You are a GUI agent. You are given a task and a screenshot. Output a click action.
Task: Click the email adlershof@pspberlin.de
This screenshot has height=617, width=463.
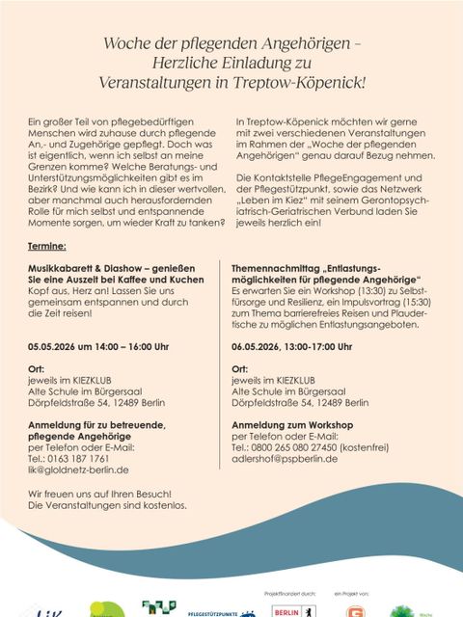[285, 459]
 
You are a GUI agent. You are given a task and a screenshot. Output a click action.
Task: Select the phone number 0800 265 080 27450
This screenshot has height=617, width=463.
[295, 447]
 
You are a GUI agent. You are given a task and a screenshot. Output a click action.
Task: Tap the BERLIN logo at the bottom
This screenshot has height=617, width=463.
[286, 610]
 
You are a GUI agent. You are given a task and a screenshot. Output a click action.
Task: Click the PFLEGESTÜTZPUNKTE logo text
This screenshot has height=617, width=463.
[214, 611]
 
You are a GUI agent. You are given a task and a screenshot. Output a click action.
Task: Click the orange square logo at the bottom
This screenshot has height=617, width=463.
[356, 609]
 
